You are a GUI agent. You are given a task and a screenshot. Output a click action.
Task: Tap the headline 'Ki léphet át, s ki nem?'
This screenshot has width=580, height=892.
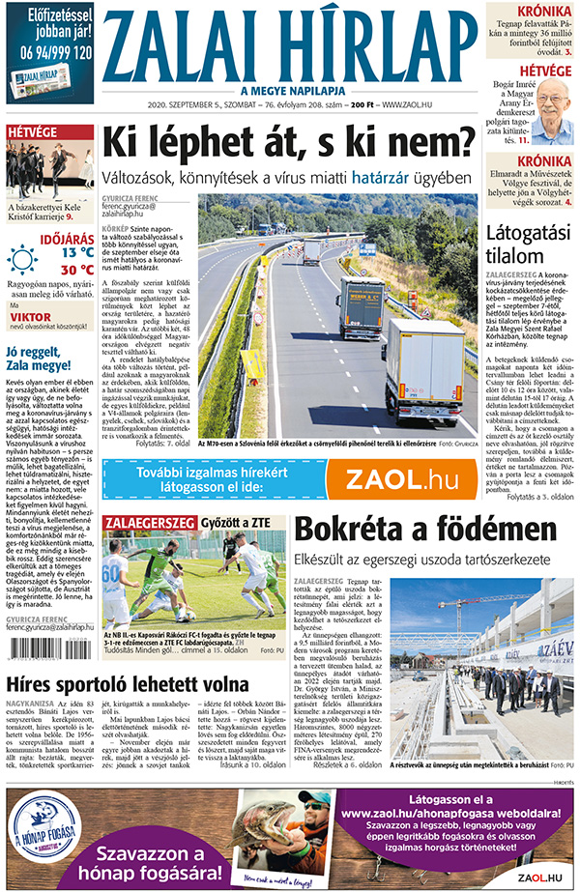coord(289,145)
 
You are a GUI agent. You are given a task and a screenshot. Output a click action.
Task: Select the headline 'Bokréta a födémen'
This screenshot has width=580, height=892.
coord(412,531)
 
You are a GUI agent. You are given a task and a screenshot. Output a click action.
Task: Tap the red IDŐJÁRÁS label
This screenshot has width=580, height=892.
coord(66,233)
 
